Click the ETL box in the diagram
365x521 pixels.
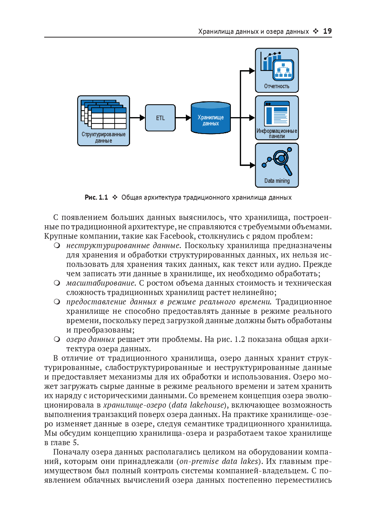coord(160,118)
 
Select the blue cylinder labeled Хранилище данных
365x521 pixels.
coord(211,118)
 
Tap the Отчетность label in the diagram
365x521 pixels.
coord(277,86)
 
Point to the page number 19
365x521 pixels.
coord(327,31)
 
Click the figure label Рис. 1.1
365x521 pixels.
coord(96,197)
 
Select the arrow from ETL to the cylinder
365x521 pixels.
coord(183,118)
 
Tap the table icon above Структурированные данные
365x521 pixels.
coord(104,114)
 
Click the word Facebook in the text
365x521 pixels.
coord(177,236)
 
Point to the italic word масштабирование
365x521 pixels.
coord(101,283)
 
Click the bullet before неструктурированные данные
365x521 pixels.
coord(57,245)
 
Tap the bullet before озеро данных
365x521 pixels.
coord(57,339)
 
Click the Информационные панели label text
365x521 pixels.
coord(277,133)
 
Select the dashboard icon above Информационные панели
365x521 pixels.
coord(277,114)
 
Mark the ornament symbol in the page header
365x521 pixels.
coord(316,31)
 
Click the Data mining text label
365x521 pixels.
coord(277,181)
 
